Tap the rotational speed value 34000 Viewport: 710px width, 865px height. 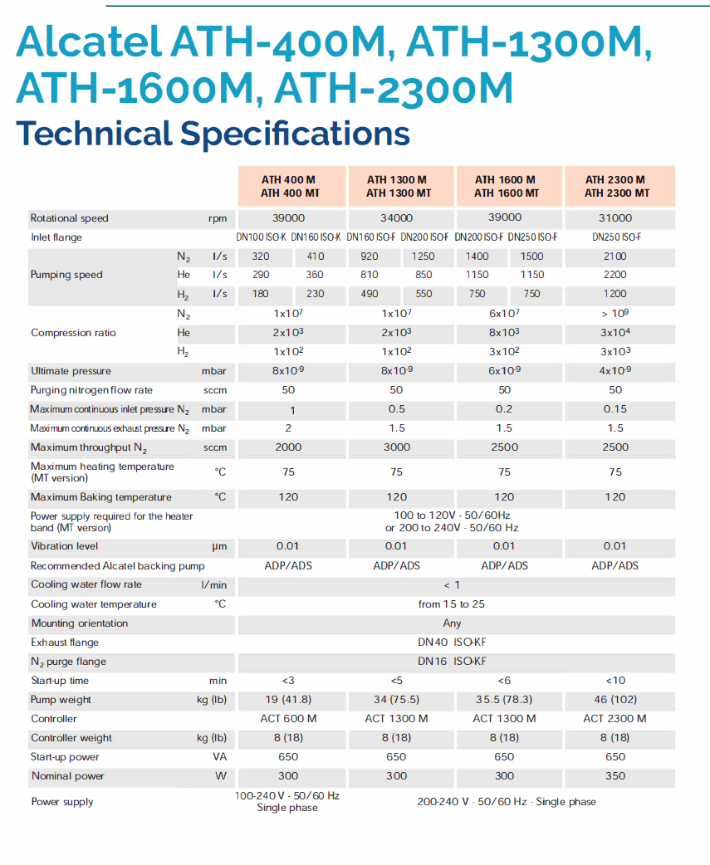click(396, 218)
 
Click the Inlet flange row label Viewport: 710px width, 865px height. click(56, 237)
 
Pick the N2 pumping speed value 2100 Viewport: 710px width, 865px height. click(615, 257)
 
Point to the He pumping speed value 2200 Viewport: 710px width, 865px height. click(615, 275)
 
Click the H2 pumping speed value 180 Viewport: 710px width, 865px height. click(260, 294)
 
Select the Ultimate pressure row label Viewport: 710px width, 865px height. click(71, 371)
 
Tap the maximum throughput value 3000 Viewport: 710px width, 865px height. click(396, 447)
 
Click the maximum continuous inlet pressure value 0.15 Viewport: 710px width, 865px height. click(615, 409)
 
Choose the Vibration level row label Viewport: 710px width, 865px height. click(65, 546)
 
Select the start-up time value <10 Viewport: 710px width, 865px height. click(615, 681)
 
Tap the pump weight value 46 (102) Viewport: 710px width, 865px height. click(615, 700)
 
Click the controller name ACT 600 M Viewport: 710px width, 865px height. click(288, 719)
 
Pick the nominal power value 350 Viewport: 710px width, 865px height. click(615, 776)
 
